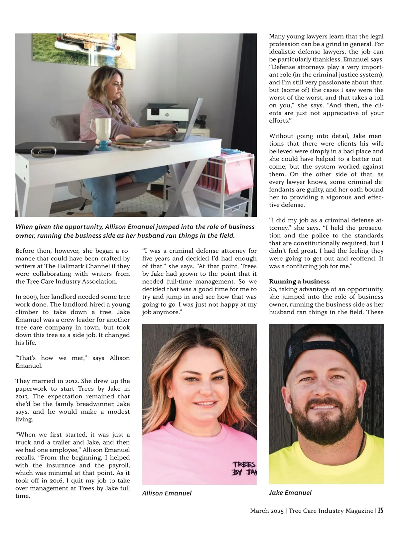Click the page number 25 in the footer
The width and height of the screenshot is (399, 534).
380,510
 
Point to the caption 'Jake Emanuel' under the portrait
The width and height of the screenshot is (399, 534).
290,493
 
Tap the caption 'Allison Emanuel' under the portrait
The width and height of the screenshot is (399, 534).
167,493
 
